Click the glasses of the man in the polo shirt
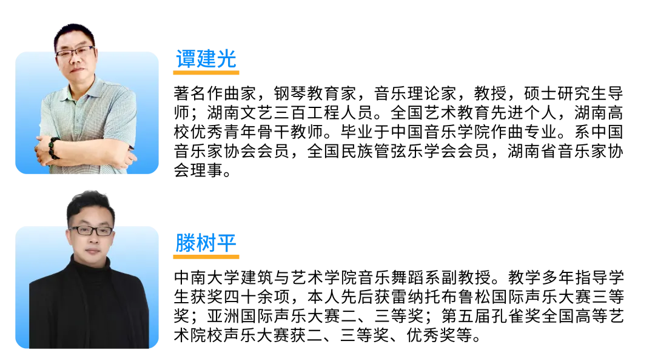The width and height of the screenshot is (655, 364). click(x=75, y=52)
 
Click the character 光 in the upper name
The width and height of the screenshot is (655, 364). click(x=227, y=59)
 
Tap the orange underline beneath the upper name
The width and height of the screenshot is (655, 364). click(x=206, y=73)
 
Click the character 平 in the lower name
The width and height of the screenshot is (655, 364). click(x=227, y=242)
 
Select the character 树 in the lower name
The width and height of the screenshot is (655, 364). click(x=207, y=242)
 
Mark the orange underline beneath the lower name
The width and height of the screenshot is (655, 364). click(x=206, y=257)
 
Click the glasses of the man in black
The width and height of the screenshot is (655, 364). click(x=91, y=231)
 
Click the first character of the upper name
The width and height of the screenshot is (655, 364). click(x=186, y=59)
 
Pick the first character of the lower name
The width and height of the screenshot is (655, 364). click(x=186, y=242)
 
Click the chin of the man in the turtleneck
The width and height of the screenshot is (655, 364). click(x=92, y=254)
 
